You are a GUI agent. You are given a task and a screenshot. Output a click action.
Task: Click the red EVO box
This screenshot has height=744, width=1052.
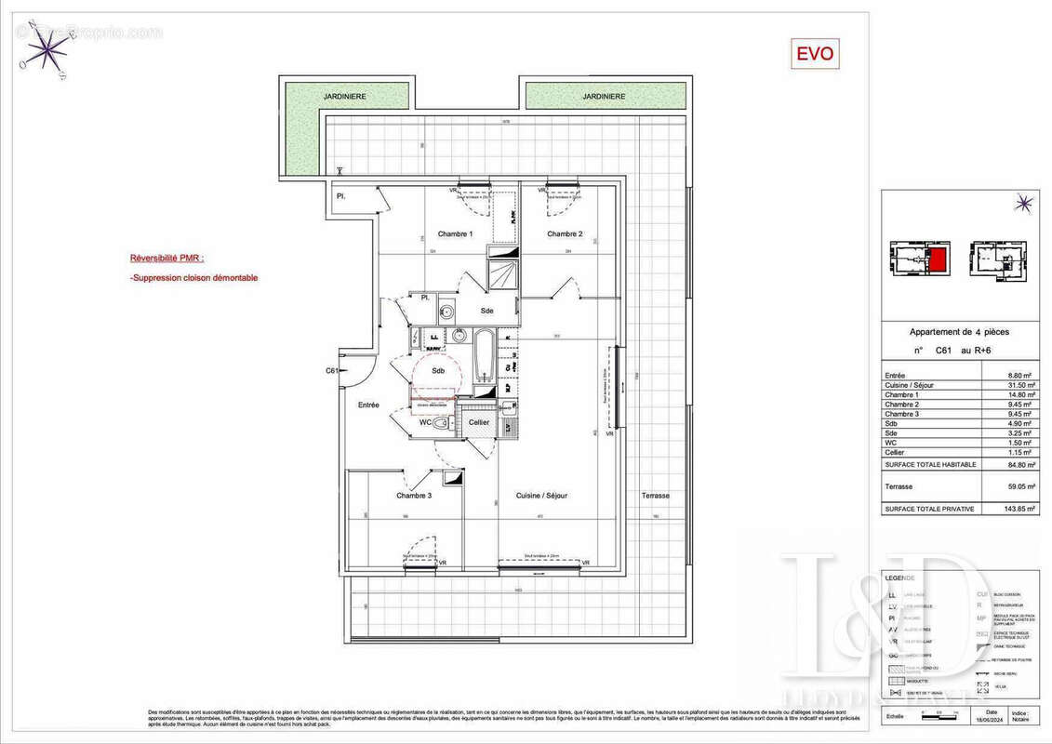click(x=815, y=54)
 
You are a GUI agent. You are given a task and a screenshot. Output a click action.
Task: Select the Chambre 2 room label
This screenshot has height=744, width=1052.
click(x=565, y=233)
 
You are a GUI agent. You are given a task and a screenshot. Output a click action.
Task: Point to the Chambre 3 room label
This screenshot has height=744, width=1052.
click(x=414, y=496)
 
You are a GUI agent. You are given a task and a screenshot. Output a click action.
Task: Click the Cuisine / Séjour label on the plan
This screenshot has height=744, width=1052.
click(x=541, y=496)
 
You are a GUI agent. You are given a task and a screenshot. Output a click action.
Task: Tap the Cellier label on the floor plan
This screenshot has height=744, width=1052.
click(x=479, y=422)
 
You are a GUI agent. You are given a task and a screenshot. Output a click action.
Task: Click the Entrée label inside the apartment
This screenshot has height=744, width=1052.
click(x=369, y=405)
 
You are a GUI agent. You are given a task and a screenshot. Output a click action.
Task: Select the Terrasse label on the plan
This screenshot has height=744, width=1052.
click(x=655, y=496)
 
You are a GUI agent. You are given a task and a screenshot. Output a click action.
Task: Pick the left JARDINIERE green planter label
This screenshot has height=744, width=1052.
click(x=344, y=96)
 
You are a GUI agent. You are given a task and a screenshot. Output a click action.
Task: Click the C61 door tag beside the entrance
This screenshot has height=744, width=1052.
click(x=332, y=371)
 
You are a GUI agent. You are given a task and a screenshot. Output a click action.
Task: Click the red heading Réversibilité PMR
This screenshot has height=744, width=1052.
click(x=167, y=259)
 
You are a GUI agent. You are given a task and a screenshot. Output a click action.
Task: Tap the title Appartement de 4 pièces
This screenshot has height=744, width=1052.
click(x=959, y=332)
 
